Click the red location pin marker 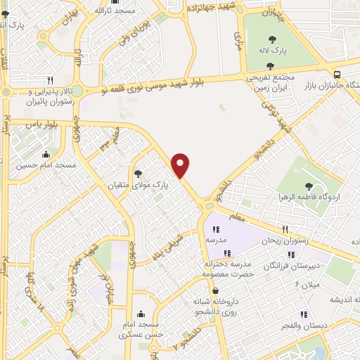(x=181, y=165)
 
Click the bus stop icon (x=337, y=75)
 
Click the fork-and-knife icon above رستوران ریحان (x=285, y=229)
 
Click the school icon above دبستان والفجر (x=304, y=314)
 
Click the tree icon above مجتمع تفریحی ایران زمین (x=270, y=65)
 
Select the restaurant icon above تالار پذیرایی (x=50, y=81)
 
